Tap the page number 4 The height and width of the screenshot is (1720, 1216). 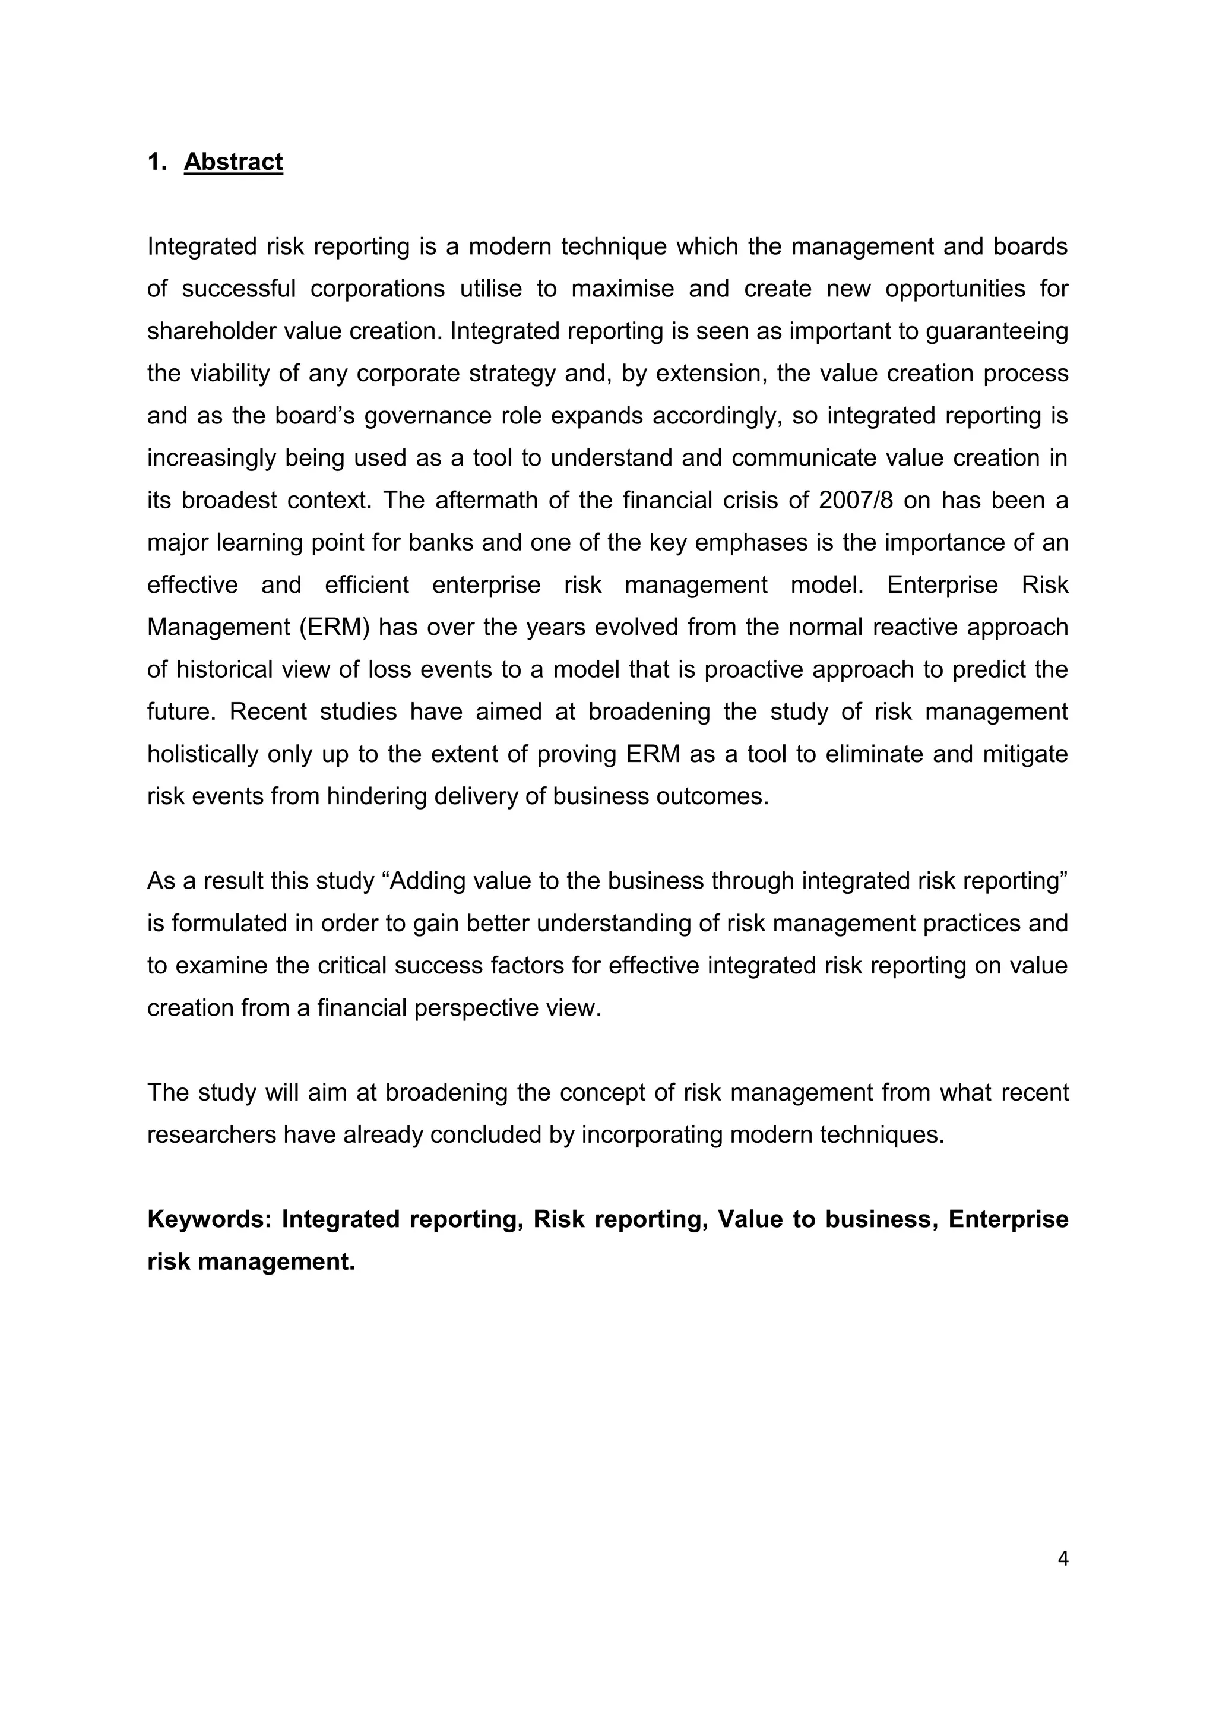pos(1062,1559)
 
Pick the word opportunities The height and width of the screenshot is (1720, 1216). pos(955,289)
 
